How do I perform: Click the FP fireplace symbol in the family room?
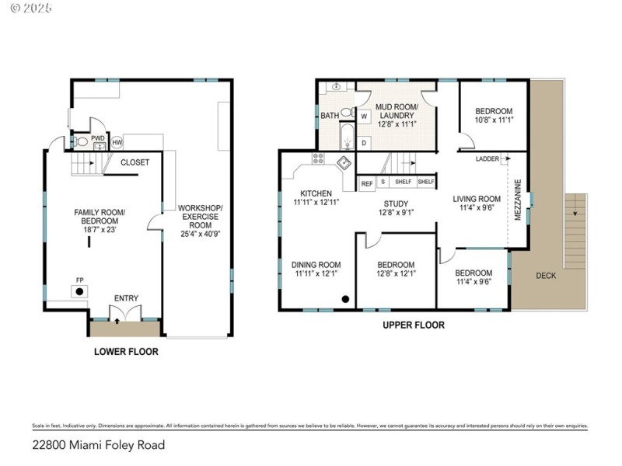click(79, 291)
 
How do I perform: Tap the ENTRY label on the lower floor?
click(127, 298)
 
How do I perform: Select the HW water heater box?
click(117, 143)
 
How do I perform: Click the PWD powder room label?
click(98, 138)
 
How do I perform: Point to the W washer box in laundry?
click(364, 116)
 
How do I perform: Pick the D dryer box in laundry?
click(364, 142)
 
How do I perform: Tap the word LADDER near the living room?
click(487, 158)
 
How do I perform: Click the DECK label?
click(546, 275)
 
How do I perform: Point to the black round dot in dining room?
click(345, 299)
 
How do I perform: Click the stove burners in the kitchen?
click(319, 158)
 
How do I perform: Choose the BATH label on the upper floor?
click(330, 116)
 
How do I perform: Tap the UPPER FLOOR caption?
click(414, 325)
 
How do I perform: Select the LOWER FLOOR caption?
click(126, 352)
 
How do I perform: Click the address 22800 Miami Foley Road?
click(98, 446)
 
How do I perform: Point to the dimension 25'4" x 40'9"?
click(200, 234)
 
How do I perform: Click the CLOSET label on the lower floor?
click(135, 162)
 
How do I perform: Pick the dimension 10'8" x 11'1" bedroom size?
click(494, 120)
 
